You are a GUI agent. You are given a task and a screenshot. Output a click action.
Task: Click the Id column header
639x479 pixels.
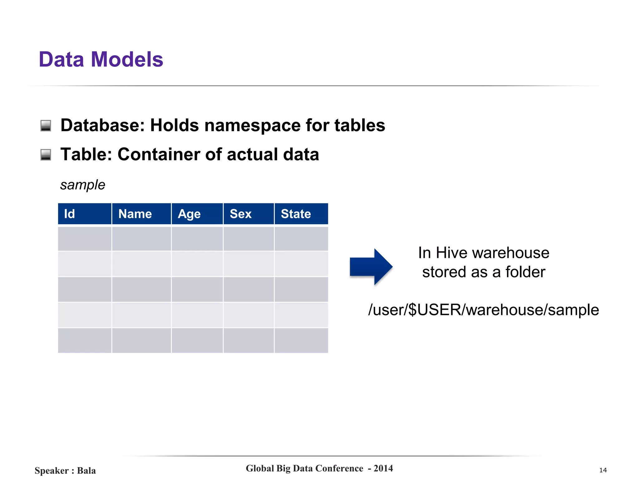[x=85, y=214]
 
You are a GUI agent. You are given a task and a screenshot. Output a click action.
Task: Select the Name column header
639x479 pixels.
[x=141, y=214]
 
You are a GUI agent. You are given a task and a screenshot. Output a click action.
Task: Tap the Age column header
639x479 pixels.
[x=197, y=214]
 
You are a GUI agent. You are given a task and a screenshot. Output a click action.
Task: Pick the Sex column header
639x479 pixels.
[x=249, y=214]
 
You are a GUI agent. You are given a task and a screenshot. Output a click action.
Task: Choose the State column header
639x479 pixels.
[x=301, y=214]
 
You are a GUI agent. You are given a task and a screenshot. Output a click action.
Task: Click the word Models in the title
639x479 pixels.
[x=127, y=59]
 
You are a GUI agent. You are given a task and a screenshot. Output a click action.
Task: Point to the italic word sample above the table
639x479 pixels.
[x=83, y=185]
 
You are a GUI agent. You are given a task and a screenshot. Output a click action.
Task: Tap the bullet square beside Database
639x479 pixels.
[x=46, y=126]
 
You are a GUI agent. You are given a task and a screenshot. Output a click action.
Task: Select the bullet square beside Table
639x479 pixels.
[x=46, y=155]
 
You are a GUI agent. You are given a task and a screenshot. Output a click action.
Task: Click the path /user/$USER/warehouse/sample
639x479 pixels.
[x=483, y=310]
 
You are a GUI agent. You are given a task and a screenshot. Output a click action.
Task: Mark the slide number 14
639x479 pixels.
[x=603, y=470]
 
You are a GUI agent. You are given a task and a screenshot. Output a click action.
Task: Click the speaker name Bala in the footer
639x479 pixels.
[x=86, y=470]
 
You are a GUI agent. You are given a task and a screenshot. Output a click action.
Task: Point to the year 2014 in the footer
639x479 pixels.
[x=383, y=468]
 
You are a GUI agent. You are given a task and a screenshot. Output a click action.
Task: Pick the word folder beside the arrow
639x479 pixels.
[x=525, y=272]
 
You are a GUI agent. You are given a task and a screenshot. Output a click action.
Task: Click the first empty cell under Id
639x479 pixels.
[x=85, y=239]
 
